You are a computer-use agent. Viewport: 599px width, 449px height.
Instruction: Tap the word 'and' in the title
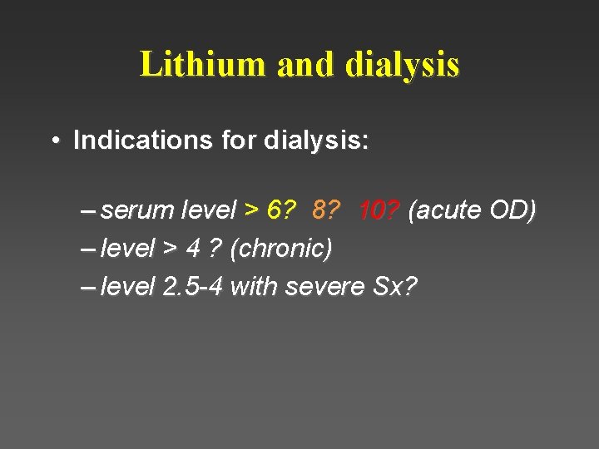pyautogui.click(x=304, y=64)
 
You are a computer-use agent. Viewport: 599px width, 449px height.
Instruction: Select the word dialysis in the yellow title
pyautogui.click(x=402, y=65)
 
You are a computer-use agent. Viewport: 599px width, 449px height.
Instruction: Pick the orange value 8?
pyautogui.click(x=326, y=211)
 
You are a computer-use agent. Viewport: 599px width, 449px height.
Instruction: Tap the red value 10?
pyautogui.click(x=379, y=211)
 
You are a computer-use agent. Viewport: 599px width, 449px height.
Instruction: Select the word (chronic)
pyautogui.click(x=281, y=249)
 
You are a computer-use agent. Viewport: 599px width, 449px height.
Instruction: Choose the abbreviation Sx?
pyautogui.click(x=394, y=287)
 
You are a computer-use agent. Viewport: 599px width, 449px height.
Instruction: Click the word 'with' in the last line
pyautogui.click(x=254, y=287)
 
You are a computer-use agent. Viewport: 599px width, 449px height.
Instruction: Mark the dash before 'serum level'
pyautogui.click(x=88, y=211)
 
